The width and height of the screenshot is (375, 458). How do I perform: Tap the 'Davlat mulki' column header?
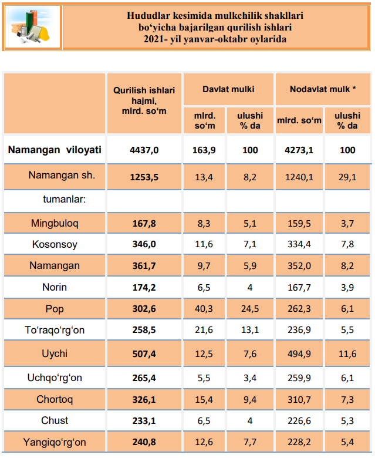coord(228,89)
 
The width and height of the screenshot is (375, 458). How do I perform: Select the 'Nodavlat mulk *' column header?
coord(323,89)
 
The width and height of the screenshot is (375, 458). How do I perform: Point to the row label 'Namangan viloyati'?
coord(55,150)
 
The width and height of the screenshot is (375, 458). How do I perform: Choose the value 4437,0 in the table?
coord(144,150)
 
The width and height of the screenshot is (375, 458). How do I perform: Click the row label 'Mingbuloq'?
coord(55,223)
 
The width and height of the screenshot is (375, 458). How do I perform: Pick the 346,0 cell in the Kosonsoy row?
coord(144,245)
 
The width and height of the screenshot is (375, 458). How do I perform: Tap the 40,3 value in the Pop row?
coord(204,309)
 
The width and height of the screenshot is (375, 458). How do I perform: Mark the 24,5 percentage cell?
coord(250,309)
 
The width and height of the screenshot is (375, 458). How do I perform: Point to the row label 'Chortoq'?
coord(55,399)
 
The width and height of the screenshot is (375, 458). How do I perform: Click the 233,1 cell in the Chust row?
coord(144,421)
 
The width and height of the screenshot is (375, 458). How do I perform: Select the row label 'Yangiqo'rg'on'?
coord(55,442)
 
